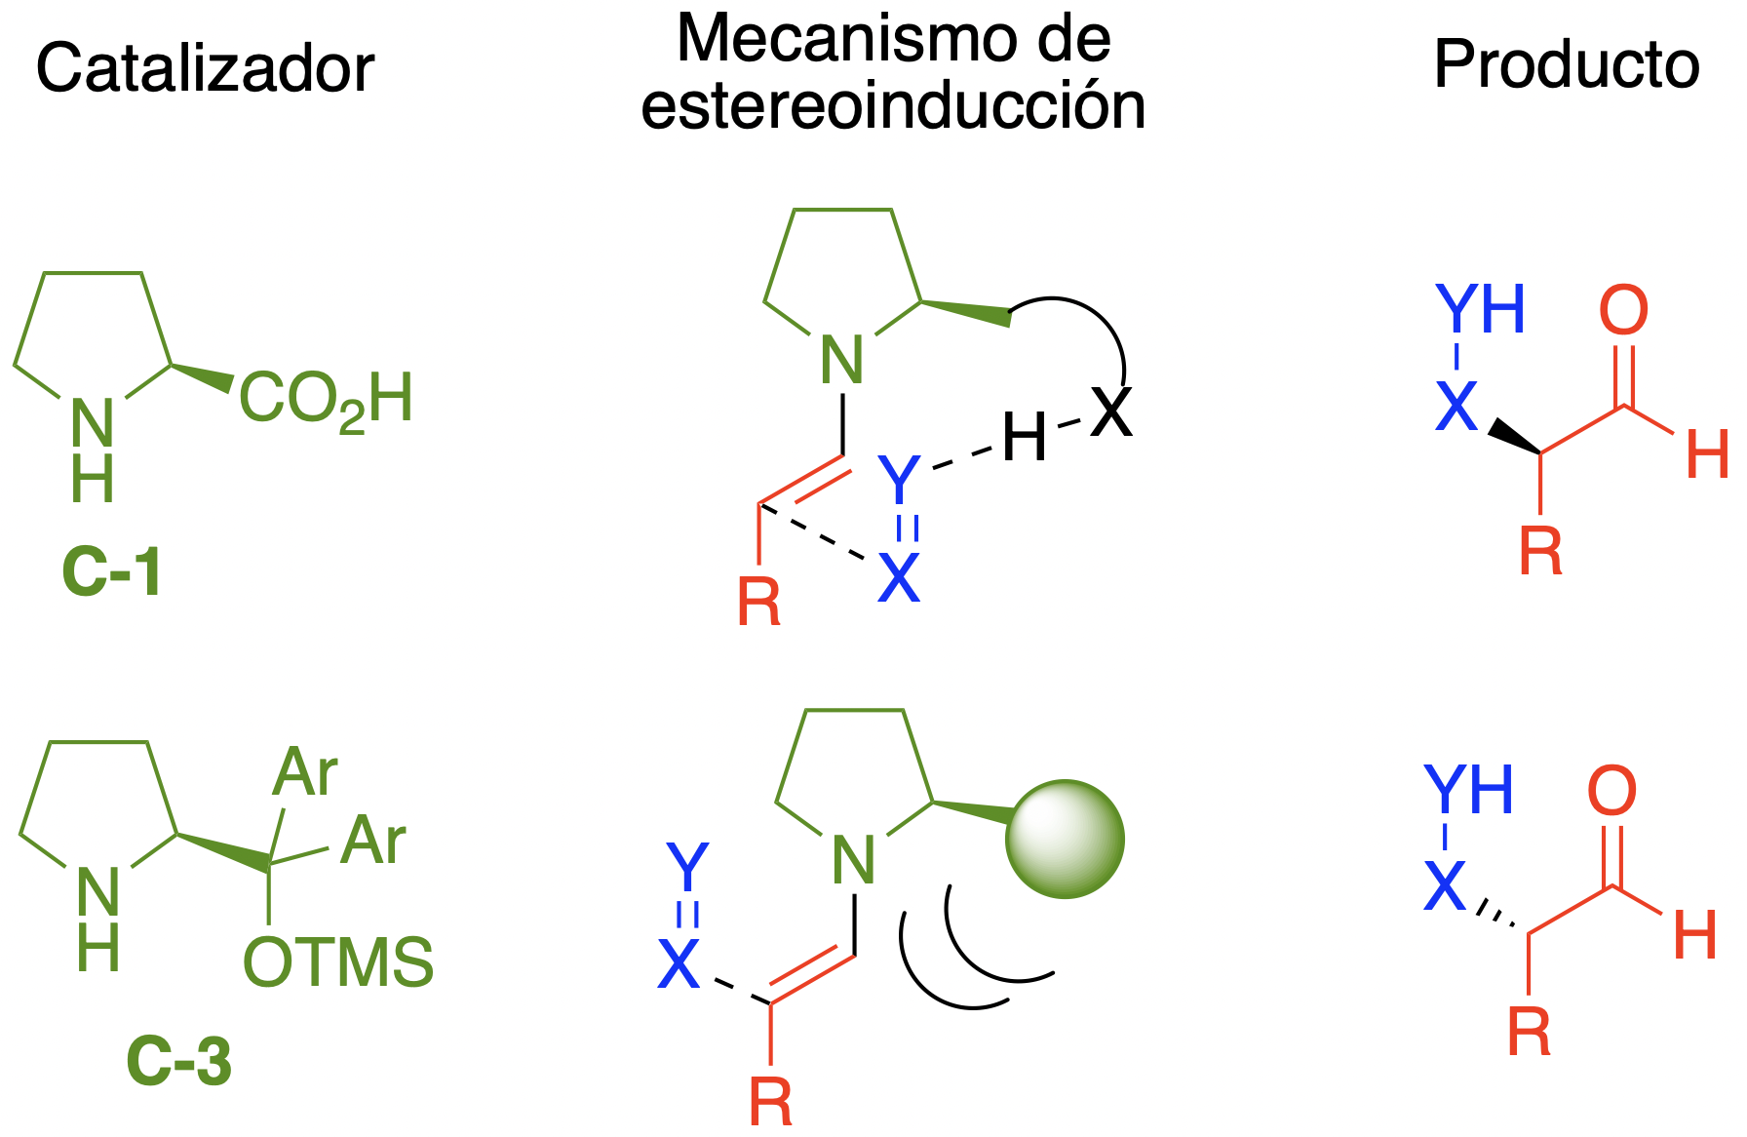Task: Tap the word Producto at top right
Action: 1567,65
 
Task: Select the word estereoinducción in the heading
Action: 893,107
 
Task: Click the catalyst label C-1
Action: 111,572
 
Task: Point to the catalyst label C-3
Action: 179,1061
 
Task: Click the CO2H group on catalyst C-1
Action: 326,400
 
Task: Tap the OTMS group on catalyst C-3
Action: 337,963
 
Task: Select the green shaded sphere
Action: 1065,839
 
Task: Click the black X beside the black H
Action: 1111,412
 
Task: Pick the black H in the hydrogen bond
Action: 1024,438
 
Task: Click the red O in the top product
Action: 1623,311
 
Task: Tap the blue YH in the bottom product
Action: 1468,790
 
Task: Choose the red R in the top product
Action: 1540,552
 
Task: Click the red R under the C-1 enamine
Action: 758,604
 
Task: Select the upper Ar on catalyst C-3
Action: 304,773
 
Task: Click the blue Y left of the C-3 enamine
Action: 687,867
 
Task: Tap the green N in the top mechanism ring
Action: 842,360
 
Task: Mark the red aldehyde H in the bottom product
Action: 1694,935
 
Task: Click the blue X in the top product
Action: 1456,406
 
